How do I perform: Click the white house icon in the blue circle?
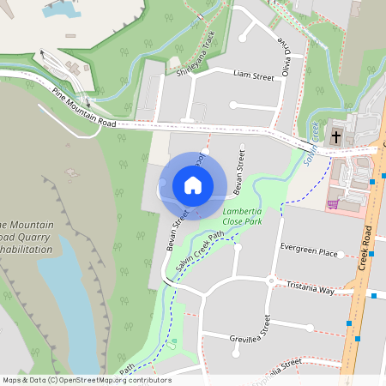(193, 185)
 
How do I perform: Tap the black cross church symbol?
(336, 137)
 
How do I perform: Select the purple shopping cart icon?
(333, 204)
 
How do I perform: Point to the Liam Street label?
(253, 77)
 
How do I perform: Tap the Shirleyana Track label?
(196, 54)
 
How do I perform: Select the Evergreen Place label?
(309, 253)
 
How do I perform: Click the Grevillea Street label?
(250, 332)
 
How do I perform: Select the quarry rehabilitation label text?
(26, 237)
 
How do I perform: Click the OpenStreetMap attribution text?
(87, 379)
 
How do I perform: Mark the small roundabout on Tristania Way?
(271, 280)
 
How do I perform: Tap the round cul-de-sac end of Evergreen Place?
(341, 255)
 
